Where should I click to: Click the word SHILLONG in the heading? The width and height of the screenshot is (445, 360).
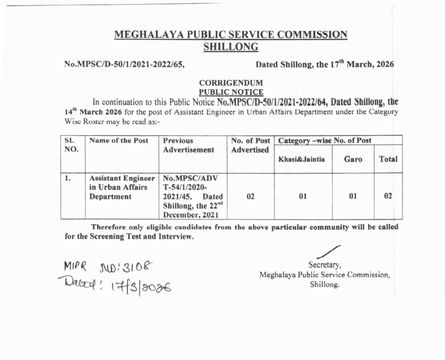pyautogui.click(x=230, y=46)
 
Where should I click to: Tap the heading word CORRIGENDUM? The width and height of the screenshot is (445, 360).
pyautogui.click(x=230, y=83)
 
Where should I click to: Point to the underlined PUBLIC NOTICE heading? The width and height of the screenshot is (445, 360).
pyautogui.click(x=230, y=92)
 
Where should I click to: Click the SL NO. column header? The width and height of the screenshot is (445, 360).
pyautogui.click(x=71, y=145)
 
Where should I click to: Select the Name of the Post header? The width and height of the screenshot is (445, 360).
pyautogui.click(x=116, y=141)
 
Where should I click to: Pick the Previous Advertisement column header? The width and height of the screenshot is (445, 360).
pyautogui.click(x=189, y=145)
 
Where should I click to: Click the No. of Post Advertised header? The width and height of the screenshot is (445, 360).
pyautogui.click(x=250, y=145)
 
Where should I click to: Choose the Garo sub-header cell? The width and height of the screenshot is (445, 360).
pyautogui.click(x=353, y=159)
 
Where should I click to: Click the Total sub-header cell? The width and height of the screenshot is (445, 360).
pyautogui.click(x=388, y=159)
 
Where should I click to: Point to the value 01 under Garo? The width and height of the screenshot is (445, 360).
pyautogui.click(x=353, y=196)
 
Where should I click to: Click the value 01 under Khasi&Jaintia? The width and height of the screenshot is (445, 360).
pyautogui.click(x=302, y=196)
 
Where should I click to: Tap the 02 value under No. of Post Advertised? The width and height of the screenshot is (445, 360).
pyautogui.click(x=250, y=196)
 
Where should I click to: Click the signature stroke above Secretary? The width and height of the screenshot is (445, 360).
pyautogui.click(x=328, y=251)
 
